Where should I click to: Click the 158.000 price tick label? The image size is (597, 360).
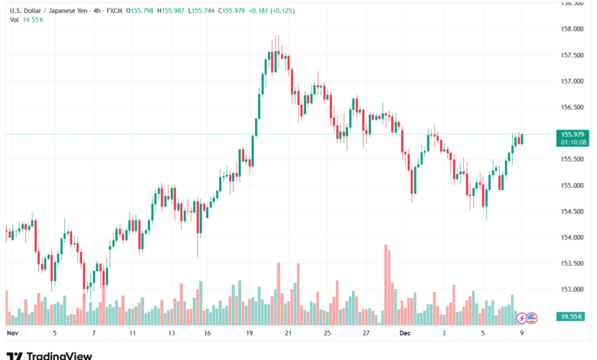coord(572,29)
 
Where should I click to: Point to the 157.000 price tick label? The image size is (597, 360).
coord(572,81)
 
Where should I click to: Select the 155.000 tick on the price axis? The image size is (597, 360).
coord(572,185)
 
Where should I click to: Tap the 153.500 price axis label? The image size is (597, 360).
coord(572,263)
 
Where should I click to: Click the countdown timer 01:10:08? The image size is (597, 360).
coord(573,142)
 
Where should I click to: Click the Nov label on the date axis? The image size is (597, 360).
coord(11,334)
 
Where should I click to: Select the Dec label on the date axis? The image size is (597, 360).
coord(406,334)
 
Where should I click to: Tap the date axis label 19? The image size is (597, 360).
coord(250,334)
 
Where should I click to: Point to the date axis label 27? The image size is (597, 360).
coord(367,334)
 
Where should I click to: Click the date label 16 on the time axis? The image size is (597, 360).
coord(207,334)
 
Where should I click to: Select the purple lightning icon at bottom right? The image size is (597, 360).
coord(522,317)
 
